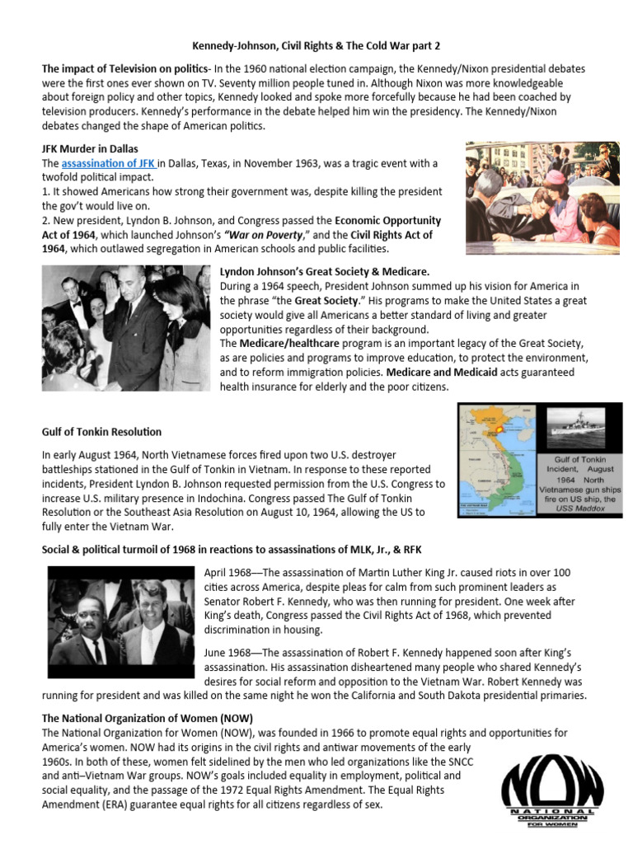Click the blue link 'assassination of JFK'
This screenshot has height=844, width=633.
109,163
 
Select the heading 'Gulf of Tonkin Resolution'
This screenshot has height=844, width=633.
101,431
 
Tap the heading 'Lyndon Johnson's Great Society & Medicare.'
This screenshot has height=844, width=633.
325,271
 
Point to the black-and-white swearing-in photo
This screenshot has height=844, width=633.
125,328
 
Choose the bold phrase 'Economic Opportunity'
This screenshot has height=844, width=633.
387,220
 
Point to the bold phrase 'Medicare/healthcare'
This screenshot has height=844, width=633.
283,343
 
